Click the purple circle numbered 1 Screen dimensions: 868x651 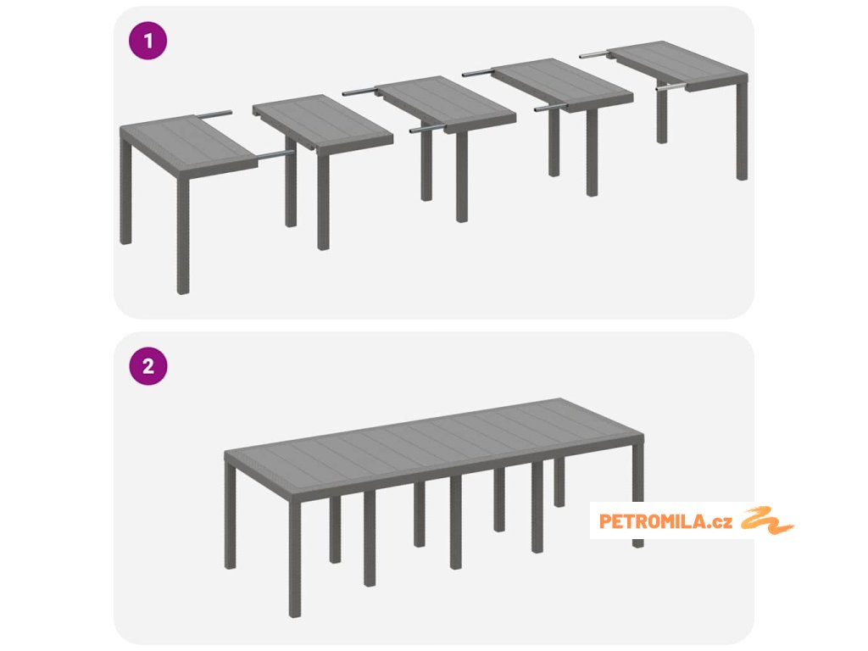click(147, 41)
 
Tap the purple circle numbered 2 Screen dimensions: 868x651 click(147, 366)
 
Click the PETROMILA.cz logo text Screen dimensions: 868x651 click(665, 521)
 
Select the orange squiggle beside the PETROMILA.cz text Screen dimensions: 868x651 click(767, 520)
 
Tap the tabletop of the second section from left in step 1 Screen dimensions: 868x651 click(323, 122)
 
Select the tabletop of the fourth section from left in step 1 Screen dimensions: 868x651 click(562, 85)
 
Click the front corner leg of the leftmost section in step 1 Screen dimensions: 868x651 click(183, 236)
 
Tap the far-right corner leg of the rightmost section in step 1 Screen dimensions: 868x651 click(742, 132)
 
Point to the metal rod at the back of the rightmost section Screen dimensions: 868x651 click(594, 54)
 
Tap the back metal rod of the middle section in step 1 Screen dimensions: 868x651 click(359, 92)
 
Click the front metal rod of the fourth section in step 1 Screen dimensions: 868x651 click(550, 108)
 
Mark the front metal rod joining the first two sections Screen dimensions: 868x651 click(275, 154)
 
